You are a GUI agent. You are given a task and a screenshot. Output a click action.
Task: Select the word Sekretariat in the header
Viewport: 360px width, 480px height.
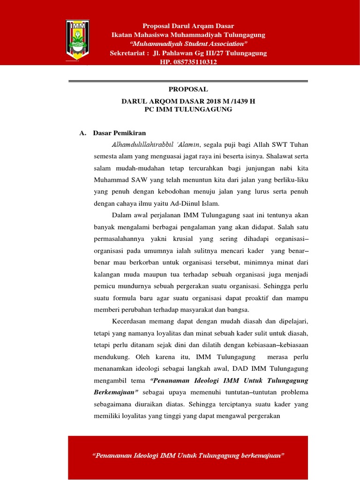tap(127, 53)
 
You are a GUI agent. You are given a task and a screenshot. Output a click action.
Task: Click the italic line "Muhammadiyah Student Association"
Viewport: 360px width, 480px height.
tap(188, 44)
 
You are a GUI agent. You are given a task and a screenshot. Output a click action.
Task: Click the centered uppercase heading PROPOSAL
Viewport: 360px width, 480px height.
tap(188, 89)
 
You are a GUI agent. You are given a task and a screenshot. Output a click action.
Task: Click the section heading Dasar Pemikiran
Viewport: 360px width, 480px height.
tap(120, 133)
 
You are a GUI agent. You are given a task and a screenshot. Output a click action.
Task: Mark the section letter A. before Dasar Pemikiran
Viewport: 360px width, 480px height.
tap(83, 133)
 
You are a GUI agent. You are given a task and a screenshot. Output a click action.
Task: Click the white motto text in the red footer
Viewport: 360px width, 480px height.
tap(188, 456)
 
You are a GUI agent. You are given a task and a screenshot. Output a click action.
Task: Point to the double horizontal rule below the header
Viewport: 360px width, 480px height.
tap(188, 82)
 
